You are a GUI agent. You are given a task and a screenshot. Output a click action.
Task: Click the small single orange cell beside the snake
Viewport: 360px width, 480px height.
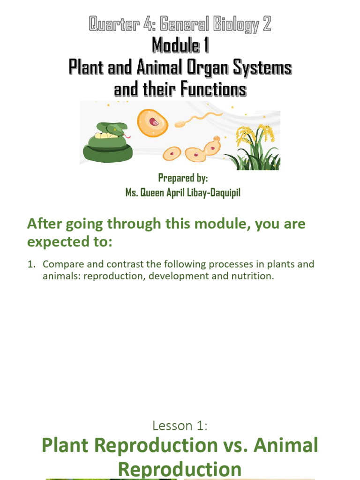point(172,153)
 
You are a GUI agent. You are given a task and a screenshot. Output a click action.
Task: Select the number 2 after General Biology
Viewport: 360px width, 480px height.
point(267,24)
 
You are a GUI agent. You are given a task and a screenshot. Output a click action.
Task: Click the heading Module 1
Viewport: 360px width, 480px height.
point(180,46)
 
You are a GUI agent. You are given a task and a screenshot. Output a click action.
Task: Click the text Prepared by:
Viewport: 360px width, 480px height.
point(183,178)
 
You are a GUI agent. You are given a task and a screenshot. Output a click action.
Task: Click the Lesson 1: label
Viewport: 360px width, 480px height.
point(180,426)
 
